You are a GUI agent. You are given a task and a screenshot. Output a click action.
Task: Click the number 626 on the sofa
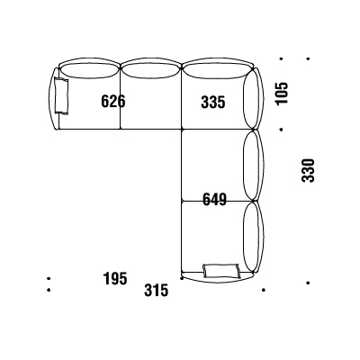(113, 101)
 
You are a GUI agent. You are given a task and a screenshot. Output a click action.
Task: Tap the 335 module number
(213, 102)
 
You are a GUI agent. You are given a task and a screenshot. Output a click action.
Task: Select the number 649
(214, 200)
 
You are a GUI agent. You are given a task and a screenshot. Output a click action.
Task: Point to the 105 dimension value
(282, 93)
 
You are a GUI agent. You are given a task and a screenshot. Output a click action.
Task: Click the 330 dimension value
(308, 170)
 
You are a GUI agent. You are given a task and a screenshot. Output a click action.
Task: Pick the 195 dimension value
(115, 278)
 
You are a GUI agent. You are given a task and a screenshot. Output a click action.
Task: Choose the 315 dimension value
(156, 291)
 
